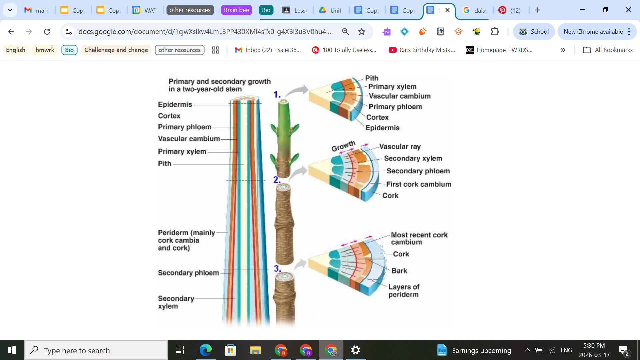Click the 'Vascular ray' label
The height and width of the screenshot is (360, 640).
pos(400,147)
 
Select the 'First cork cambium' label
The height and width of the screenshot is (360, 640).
pos(419,184)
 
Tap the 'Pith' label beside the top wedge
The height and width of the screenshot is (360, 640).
pos(372,78)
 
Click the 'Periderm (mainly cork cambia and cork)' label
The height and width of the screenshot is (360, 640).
pos(186,240)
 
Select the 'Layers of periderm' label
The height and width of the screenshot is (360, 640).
pos(404,291)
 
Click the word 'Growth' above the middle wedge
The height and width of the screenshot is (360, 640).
pos(343,146)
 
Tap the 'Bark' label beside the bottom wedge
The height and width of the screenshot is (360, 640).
pos(399,271)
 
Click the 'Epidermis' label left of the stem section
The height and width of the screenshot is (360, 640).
pos(175,104)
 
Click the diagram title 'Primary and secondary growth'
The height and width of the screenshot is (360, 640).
pos(219,82)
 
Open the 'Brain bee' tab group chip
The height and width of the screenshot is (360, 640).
pos(236,10)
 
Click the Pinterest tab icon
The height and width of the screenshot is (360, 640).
pos(502,10)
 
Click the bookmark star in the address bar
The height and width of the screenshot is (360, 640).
pos(362,32)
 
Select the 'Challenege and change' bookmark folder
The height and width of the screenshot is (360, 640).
pos(116,50)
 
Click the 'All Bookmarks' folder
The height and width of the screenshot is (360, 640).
pos(607,50)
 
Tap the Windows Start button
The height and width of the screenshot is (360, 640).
pos(12,350)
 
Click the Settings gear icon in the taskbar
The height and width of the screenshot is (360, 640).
pos(355,350)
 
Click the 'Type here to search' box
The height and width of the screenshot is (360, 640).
pos(97,350)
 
